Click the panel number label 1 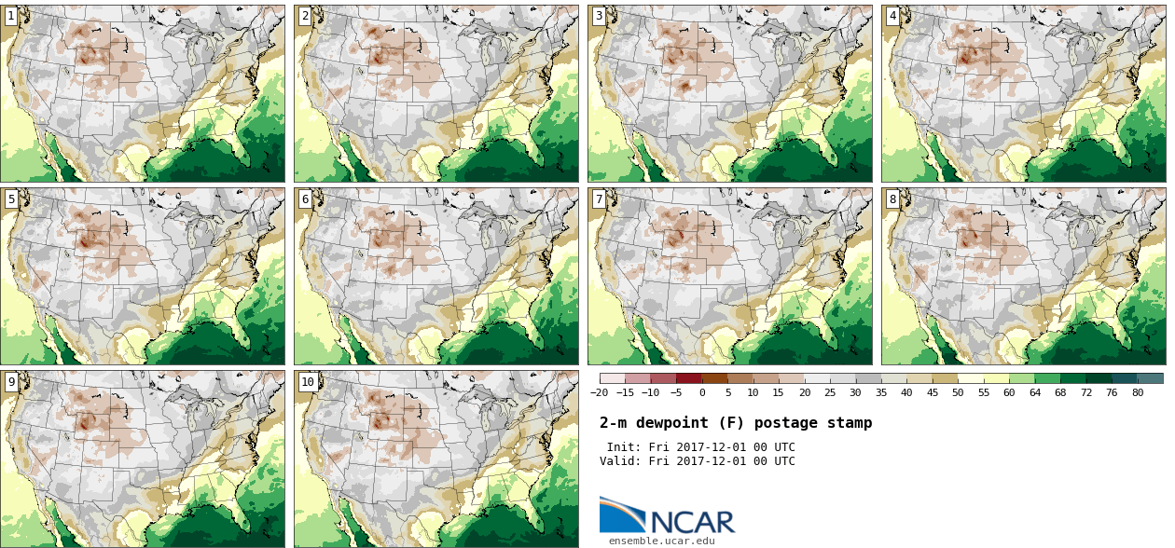11,16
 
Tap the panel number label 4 892,16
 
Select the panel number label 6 305,199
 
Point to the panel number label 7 599,199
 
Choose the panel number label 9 11,382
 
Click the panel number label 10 308,382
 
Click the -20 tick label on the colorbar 599,393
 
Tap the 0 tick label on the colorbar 701,393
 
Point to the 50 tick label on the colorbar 958,393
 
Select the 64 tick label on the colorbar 1034,393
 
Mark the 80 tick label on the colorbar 1138,393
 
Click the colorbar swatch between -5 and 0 689,378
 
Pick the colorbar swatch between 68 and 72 1072,378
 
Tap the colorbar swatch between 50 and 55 971,378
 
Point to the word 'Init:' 624,447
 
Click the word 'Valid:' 621,461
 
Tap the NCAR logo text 692,521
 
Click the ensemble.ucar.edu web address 662,541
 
